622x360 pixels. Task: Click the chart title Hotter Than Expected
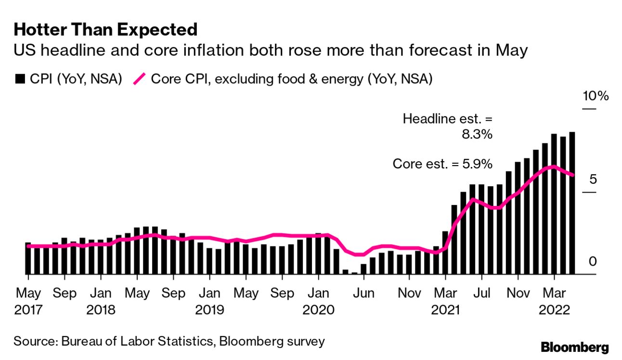click(105, 30)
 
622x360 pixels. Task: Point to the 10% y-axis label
click(596, 96)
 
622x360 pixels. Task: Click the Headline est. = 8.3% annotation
click(447, 126)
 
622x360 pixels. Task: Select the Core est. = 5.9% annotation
click(442, 164)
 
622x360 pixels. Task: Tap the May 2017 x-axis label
click(28, 300)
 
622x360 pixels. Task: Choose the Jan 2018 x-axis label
click(101, 300)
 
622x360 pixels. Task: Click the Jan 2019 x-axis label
click(209, 300)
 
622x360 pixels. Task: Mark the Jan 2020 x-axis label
click(318, 300)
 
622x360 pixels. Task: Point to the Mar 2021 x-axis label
click(445, 300)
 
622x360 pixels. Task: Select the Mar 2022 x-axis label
click(555, 300)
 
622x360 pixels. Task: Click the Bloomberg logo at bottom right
click(574, 347)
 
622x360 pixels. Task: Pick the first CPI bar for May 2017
click(28, 258)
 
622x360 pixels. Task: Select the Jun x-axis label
click(364, 293)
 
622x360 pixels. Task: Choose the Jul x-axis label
click(481, 293)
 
